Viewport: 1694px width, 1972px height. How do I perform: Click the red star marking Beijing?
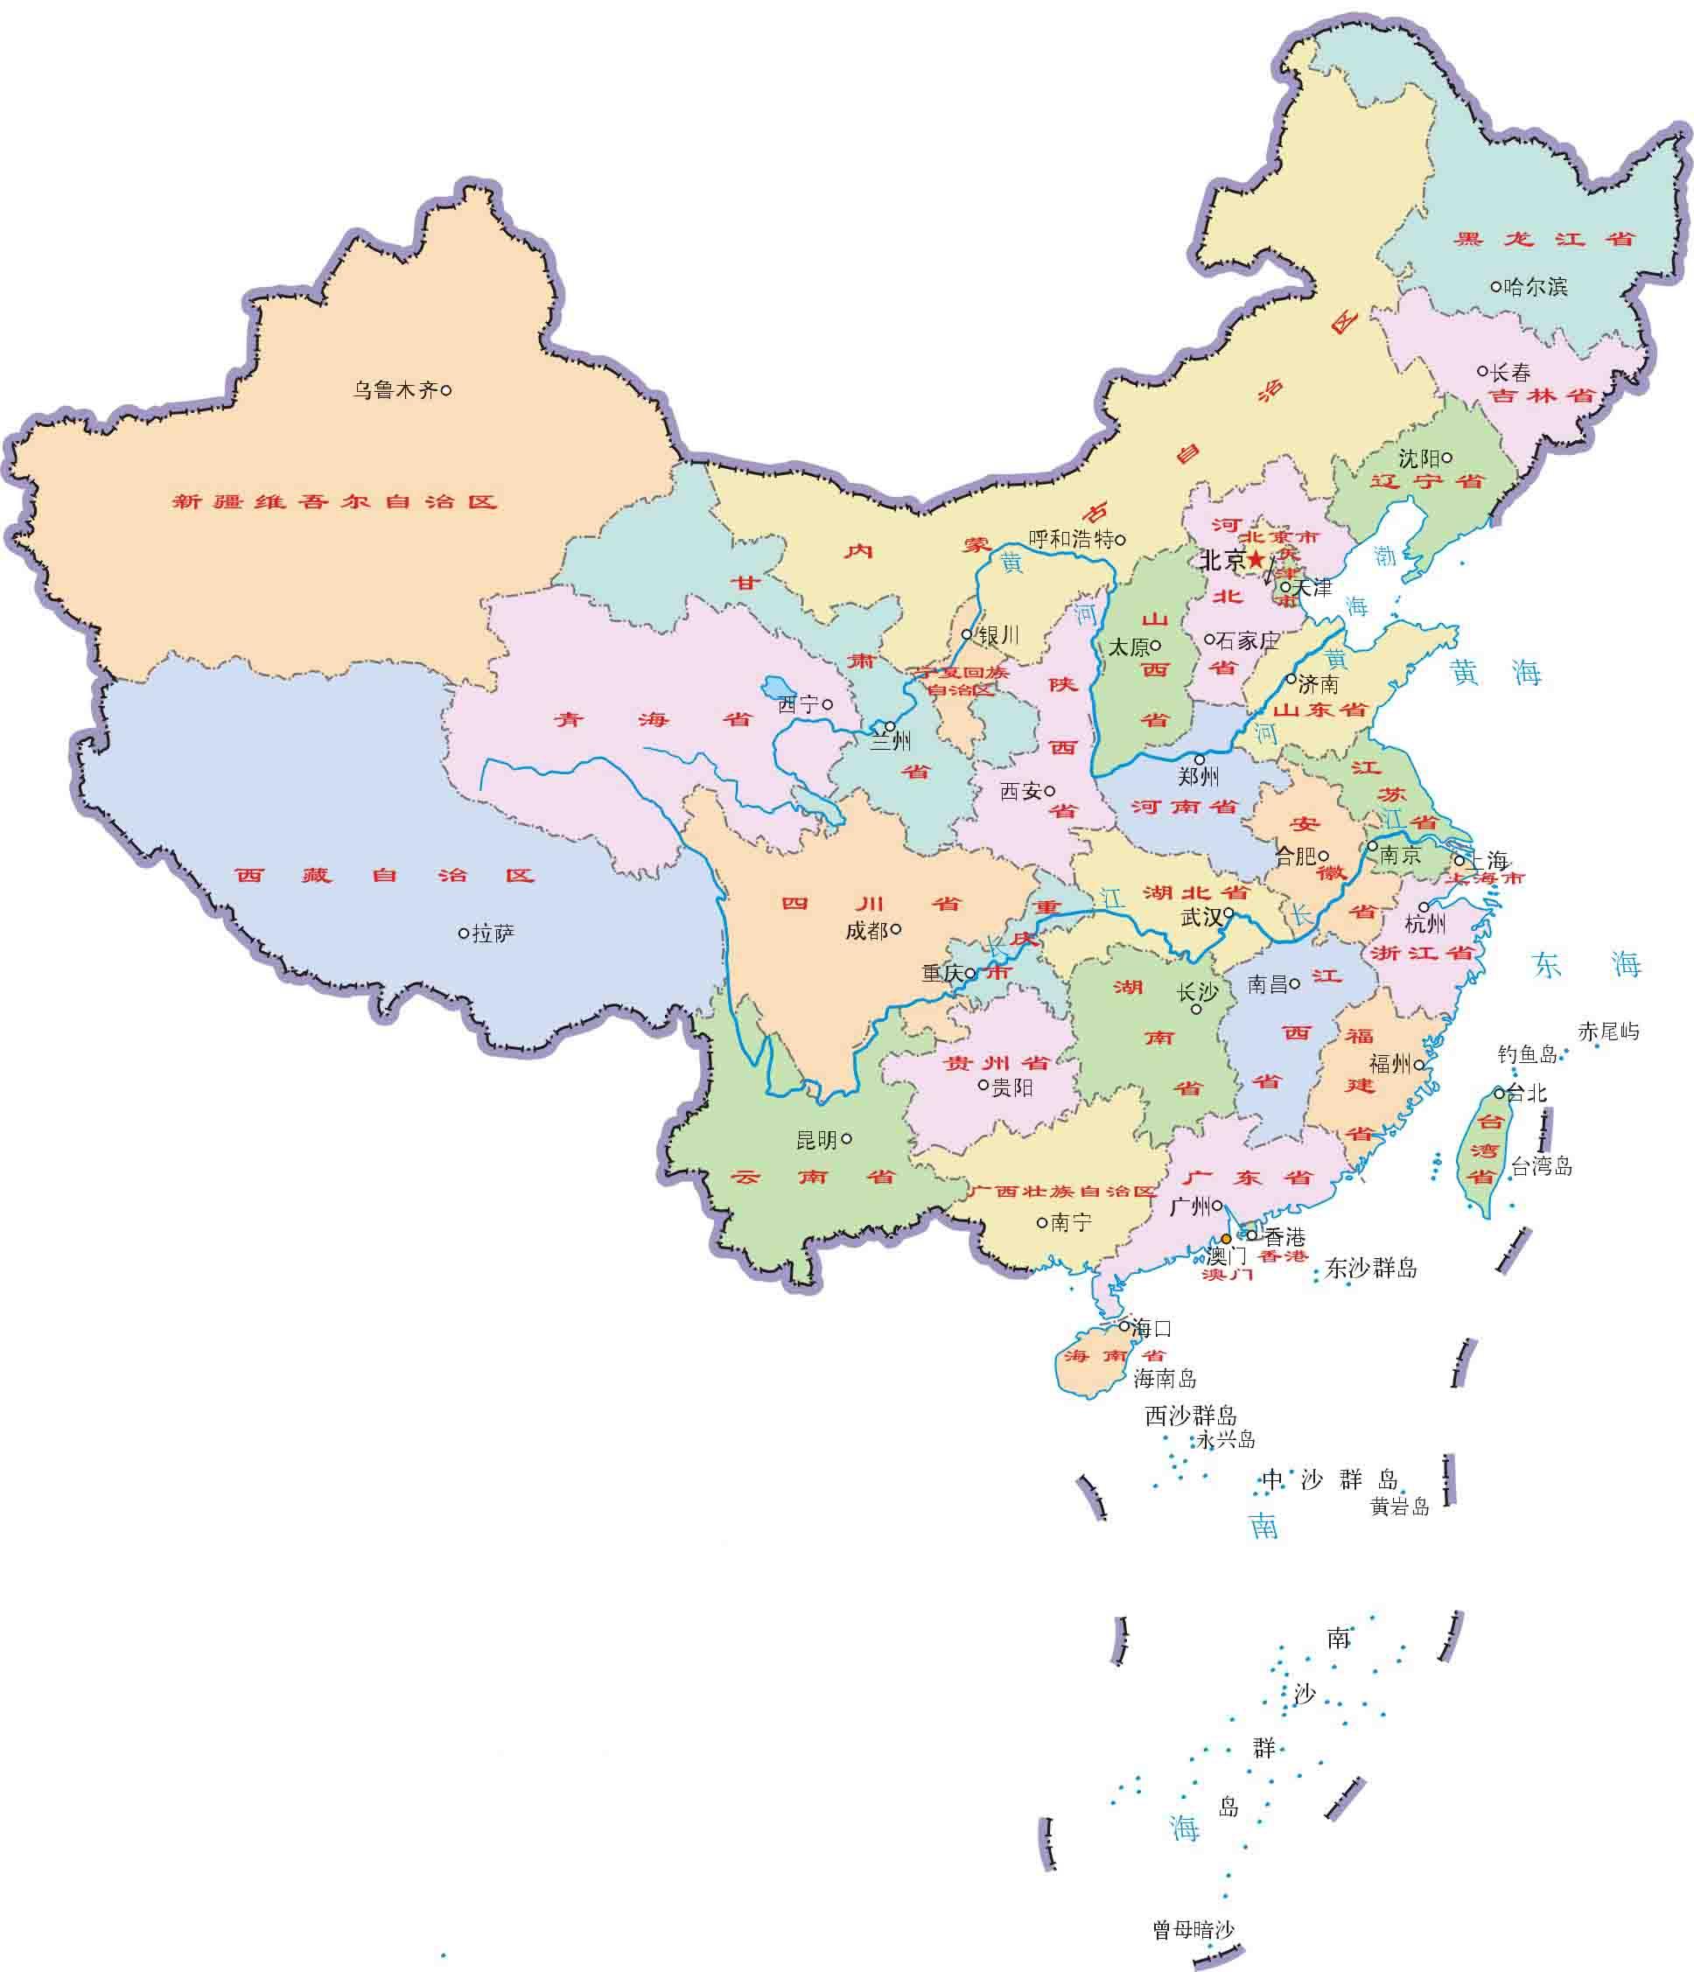[1256, 559]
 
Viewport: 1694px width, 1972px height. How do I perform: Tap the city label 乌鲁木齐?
[395, 390]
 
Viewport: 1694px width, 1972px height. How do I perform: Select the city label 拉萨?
[493, 934]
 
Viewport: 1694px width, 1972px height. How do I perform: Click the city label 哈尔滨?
[1534, 286]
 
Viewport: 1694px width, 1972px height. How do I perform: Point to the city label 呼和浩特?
[1071, 540]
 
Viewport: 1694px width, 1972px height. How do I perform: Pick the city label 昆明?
[815, 1139]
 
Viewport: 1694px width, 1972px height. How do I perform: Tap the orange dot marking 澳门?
[1226, 1238]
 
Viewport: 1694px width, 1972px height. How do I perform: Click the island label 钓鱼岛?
[1528, 1054]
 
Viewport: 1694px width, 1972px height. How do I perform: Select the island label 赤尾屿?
[1608, 1031]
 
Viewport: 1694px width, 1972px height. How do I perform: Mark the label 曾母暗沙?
[1193, 1922]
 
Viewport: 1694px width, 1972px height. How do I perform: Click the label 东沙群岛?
[1371, 1268]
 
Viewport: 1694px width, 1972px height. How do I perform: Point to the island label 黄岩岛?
[1399, 1506]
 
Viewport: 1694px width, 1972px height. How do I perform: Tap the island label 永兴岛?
[1226, 1439]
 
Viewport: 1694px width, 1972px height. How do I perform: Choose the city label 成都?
[866, 931]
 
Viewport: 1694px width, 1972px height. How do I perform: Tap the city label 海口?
[1151, 1328]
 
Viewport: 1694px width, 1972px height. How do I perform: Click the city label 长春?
[1510, 373]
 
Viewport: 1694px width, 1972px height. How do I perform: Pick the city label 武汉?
[1200, 917]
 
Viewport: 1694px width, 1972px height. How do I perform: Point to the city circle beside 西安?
[1050, 790]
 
